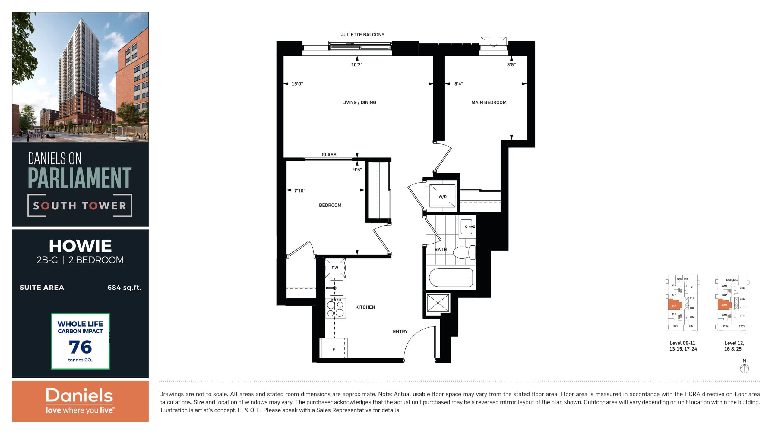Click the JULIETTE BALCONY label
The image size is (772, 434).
click(362, 35)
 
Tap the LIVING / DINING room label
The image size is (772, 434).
click(359, 102)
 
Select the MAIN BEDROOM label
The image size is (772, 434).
click(489, 102)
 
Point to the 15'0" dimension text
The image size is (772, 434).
click(297, 84)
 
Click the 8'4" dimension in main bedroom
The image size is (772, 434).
click(458, 84)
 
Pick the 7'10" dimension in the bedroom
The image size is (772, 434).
click(299, 191)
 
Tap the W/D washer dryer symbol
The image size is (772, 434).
click(442, 196)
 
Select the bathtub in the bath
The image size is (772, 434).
click(451, 278)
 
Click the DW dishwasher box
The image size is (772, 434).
click(335, 268)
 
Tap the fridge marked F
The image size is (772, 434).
click(334, 349)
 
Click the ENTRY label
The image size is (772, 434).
click(400, 332)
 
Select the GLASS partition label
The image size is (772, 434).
click(329, 155)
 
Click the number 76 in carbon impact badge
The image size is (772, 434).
click(80, 347)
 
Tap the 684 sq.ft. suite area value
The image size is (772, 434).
click(124, 288)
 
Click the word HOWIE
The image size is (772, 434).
click(80, 246)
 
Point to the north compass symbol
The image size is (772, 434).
click(744, 368)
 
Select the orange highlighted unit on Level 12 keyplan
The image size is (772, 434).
click(724, 304)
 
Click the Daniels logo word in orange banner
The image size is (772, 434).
click(79, 395)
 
